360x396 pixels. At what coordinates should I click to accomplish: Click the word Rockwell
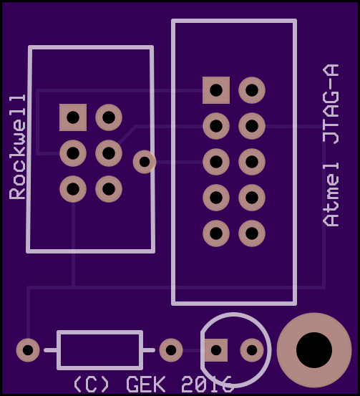[17, 148]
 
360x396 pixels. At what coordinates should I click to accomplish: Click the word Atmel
[331, 195]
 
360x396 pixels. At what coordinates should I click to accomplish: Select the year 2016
[206, 384]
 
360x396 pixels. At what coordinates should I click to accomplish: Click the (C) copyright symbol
[91, 384]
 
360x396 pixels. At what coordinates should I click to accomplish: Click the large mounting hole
[314, 350]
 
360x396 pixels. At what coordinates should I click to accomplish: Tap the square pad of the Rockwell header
[73, 117]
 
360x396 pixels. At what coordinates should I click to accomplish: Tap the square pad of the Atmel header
[216, 90]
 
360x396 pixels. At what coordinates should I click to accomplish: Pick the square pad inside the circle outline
[216, 350]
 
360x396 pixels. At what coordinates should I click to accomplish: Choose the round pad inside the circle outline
[252, 350]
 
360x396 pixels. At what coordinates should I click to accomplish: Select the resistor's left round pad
[28, 350]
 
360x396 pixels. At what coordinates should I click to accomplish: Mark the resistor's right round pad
[171, 350]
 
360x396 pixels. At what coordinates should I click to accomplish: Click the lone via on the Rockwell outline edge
[145, 162]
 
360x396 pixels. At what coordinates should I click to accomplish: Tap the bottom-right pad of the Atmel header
[252, 233]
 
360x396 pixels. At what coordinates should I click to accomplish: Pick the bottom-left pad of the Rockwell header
[73, 189]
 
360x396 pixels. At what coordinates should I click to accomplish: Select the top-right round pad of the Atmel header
[252, 90]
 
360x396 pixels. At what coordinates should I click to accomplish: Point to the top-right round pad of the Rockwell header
[109, 117]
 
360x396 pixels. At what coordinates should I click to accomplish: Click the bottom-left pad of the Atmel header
[216, 233]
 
